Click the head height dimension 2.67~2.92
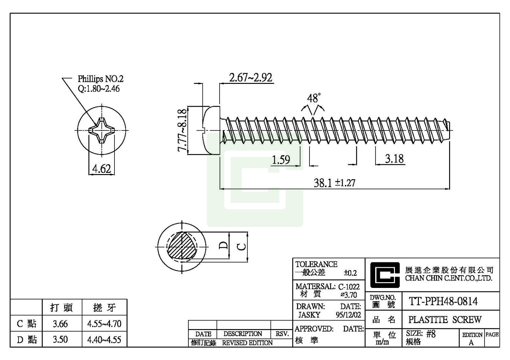251,77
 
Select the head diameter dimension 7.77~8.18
182,131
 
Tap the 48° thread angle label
314,98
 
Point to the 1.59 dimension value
281,159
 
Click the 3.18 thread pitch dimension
394,158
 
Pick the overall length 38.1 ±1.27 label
334,183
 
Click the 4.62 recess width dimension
101,168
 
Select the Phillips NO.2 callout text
100,79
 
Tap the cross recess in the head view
101,130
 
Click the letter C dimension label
242,246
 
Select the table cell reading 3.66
60,324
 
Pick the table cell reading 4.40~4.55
104,340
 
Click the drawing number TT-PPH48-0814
443,301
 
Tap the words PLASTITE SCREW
445,320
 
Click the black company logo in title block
384,275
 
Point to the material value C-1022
349,287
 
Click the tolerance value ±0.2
350,273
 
